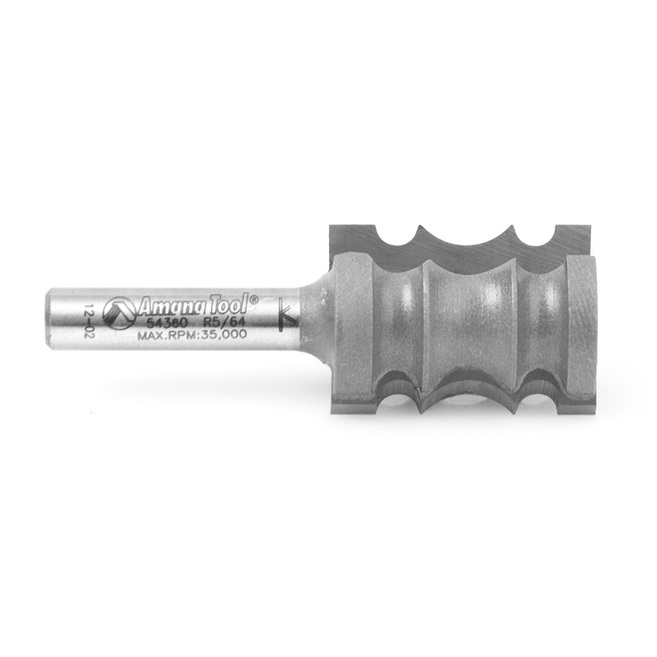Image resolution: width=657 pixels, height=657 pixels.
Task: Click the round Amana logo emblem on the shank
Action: (x=118, y=311)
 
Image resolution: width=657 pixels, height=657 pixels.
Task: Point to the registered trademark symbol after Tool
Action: (x=254, y=299)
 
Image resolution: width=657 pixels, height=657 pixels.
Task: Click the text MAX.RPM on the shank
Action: (x=166, y=335)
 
